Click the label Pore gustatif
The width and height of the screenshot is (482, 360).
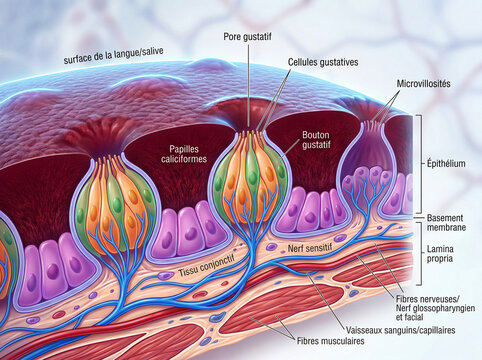[x=247, y=36]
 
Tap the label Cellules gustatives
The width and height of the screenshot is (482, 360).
[x=323, y=62]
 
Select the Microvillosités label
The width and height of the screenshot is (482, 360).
[x=423, y=83]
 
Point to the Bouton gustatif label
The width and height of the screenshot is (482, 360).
[x=316, y=140]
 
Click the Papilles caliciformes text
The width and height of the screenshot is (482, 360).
[x=184, y=154]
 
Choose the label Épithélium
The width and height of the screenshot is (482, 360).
[x=446, y=163]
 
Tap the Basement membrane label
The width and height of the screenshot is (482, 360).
[x=446, y=223]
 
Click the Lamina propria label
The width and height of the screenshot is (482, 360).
[x=440, y=253]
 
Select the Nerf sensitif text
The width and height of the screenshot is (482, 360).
[x=311, y=247]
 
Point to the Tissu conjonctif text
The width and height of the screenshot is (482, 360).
[x=206, y=266]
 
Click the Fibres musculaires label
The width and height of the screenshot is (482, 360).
[x=330, y=341]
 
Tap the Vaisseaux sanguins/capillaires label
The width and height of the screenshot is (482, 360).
[x=400, y=330]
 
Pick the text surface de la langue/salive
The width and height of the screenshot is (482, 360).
[x=113, y=55]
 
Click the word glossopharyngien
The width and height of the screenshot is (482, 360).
[x=443, y=308]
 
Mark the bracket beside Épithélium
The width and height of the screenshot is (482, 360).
[x=420, y=164]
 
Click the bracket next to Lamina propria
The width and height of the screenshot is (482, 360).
[x=420, y=254]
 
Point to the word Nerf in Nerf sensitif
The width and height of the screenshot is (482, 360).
[x=295, y=248]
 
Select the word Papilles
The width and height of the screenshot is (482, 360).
[x=184, y=149]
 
